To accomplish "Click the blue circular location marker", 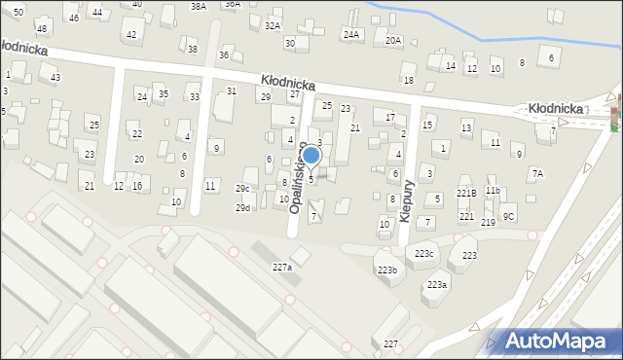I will pos(311,155).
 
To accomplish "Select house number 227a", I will pos(281,267).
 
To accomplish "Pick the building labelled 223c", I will pos(423,253).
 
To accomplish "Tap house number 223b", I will pos(387,270).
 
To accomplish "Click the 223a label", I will pos(438,284).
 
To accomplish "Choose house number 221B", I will pos(466,194).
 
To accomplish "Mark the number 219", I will pos(488,223).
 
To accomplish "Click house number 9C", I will pos(508,216).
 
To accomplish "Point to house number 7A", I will pos(537,173).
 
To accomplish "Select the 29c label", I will pos(242,189).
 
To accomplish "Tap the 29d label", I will pos(242,207).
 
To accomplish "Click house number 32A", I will pos(273,25).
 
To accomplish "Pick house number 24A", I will pos(350,35).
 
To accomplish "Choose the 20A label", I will pos(392,41).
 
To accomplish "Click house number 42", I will pos(130,35).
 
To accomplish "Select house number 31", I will pos(232,90).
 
